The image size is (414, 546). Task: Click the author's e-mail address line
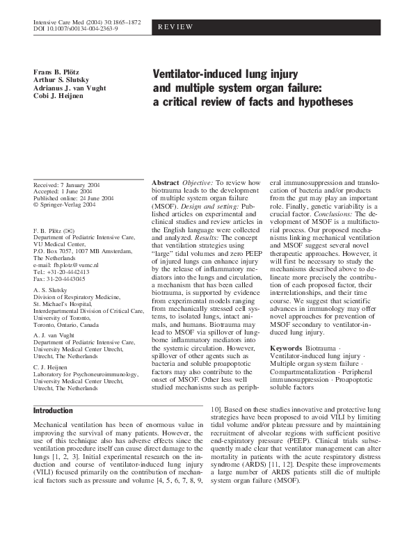click(66, 265)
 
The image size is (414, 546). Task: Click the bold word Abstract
click(166, 182)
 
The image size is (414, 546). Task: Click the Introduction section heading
click(53, 410)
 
